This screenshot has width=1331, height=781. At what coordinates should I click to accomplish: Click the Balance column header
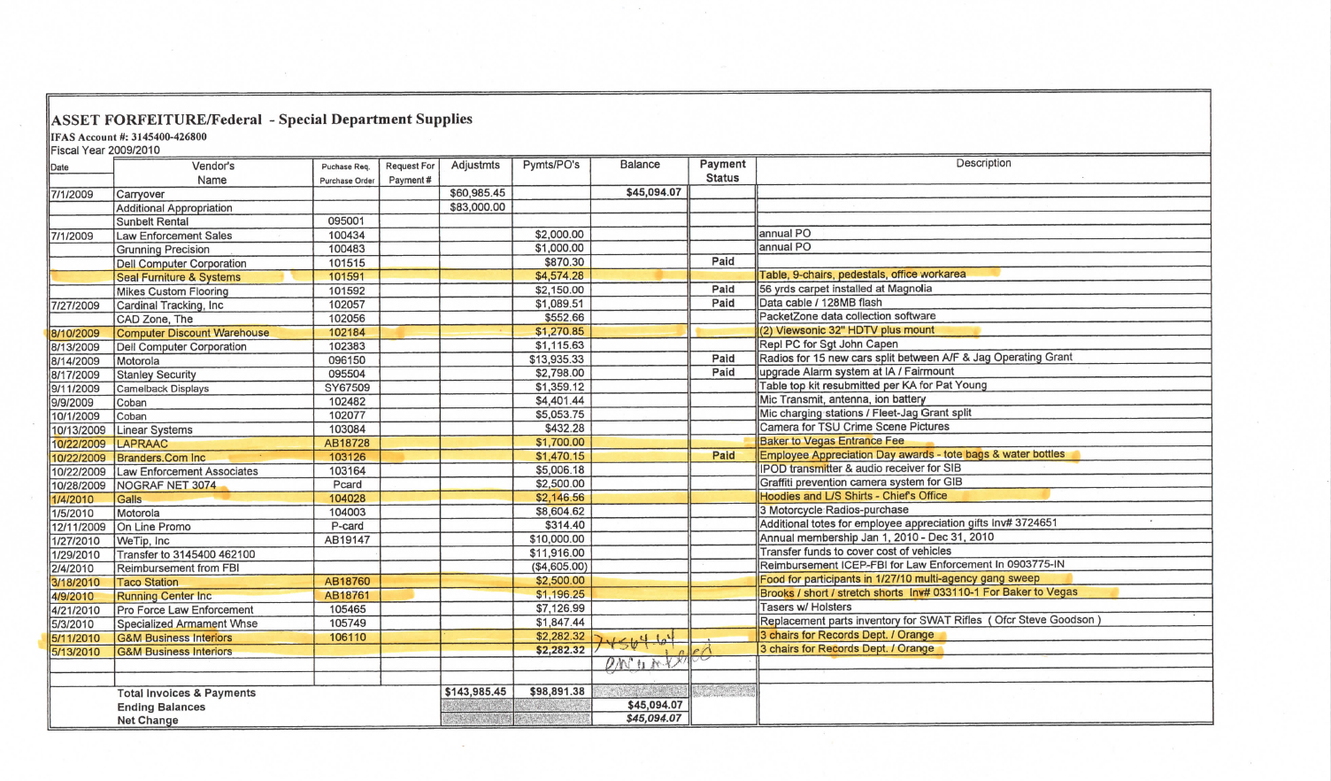click(x=640, y=165)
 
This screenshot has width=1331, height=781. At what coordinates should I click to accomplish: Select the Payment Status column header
click(x=722, y=171)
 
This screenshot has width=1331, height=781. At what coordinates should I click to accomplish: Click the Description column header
click(x=983, y=164)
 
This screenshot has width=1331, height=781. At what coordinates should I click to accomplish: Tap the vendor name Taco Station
click(x=148, y=583)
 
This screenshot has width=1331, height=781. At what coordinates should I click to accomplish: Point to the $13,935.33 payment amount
click(x=557, y=360)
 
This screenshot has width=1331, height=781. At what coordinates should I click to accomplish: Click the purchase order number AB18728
click(x=347, y=444)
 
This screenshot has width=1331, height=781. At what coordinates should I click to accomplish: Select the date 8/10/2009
click(x=75, y=334)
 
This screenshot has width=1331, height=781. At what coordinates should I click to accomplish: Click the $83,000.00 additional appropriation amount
click(x=477, y=207)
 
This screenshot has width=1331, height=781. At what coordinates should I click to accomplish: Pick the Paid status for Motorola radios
click(x=723, y=359)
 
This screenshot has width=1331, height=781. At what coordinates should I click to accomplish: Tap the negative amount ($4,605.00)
click(x=558, y=567)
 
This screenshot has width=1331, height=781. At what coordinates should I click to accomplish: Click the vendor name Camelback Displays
click(x=163, y=389)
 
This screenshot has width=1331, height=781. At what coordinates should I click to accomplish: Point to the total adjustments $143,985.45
click(x=476, y=692)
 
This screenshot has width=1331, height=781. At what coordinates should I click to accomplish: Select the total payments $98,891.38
click(x=557, y=692)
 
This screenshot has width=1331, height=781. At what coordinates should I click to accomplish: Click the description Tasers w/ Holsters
click(x=805, y=607)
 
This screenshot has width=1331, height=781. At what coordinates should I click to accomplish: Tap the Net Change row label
click(x=148, y=721)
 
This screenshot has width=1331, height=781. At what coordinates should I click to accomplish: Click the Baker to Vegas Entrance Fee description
click(x=832, y=441)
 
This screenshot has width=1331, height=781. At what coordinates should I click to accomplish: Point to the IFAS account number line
click(x=128, y=137)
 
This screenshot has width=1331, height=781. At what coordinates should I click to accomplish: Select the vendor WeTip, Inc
click(x=143, y=541)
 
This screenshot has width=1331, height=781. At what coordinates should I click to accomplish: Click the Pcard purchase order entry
click(x=347, y=484)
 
